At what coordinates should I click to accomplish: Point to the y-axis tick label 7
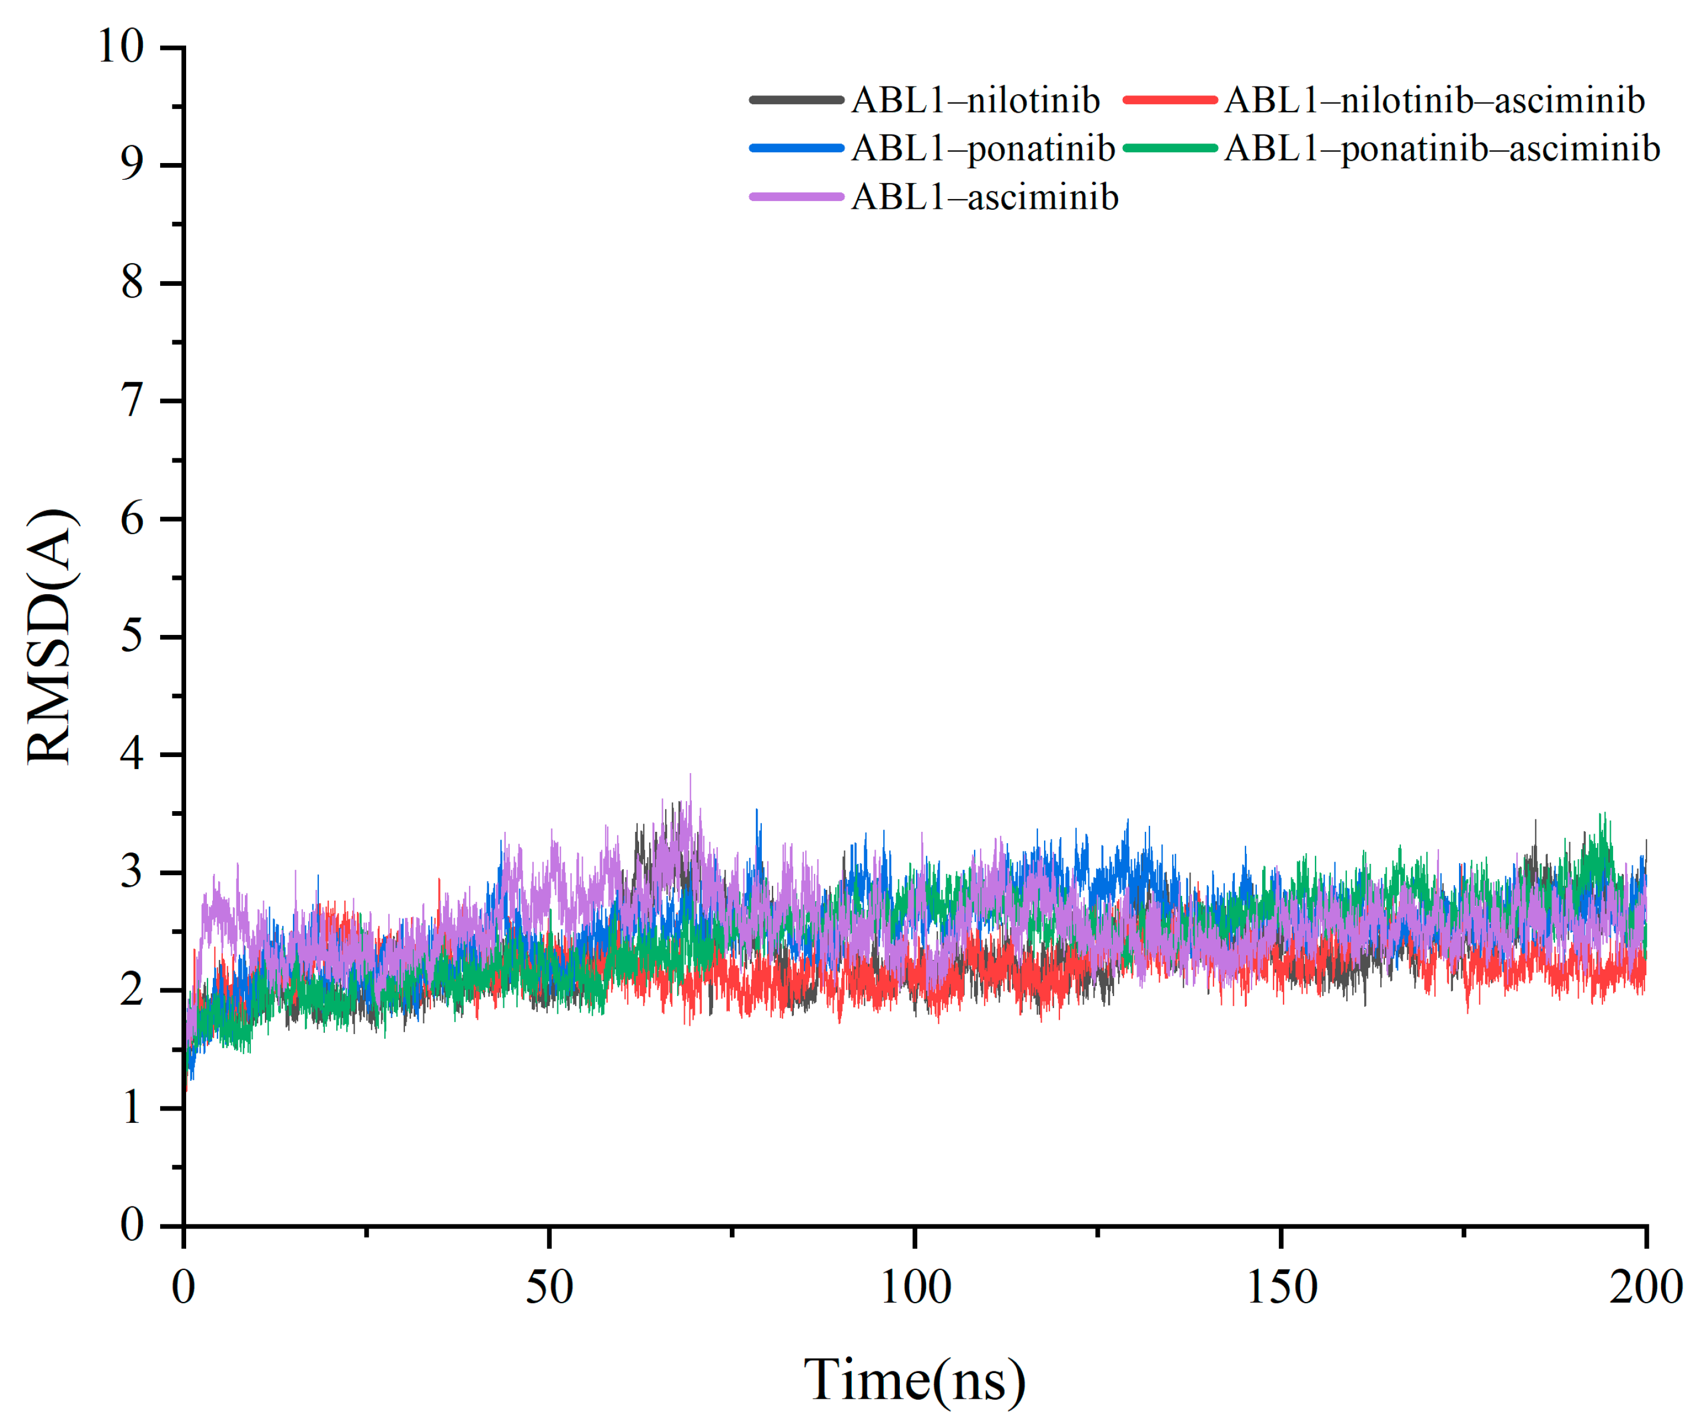132,401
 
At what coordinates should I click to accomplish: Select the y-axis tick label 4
132,754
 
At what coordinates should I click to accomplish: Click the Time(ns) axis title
915,1379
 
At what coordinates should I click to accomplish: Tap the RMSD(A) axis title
50,636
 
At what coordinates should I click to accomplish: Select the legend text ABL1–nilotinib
975,101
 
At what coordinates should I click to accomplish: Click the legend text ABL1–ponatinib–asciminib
1441,149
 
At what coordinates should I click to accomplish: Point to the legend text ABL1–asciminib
984,197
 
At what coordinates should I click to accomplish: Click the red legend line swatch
1170,100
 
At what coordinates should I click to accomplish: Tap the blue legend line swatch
796,148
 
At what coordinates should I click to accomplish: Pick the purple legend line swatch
796,197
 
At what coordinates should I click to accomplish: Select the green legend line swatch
1170,148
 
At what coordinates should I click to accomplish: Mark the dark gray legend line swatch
796,100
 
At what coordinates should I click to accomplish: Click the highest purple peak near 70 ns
691,775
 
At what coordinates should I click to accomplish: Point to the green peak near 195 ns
1602,813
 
